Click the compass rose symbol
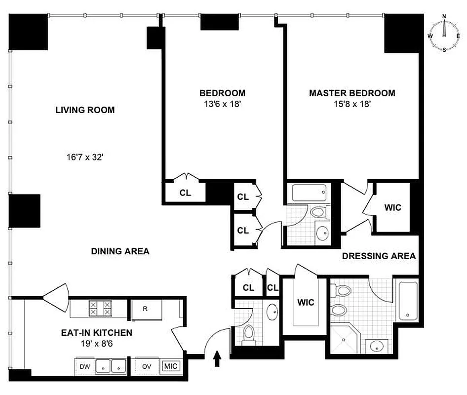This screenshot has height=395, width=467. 444,33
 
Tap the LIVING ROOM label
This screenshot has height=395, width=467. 85,110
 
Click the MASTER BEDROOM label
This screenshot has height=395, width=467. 351,93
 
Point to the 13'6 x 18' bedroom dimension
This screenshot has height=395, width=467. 222,104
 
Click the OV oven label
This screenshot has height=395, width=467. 147,367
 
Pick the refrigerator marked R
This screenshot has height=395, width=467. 146,310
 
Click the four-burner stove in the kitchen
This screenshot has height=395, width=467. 100,309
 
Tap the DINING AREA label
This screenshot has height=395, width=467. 120,251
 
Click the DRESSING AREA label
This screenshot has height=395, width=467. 379,256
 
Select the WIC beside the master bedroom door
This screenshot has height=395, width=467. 392,208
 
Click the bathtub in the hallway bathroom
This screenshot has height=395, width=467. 309,192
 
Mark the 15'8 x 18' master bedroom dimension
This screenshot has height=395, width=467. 351,104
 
